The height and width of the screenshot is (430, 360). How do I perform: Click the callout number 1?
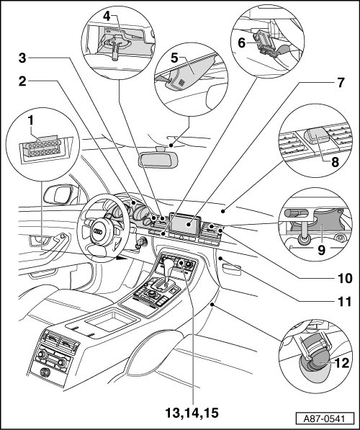point(30,121)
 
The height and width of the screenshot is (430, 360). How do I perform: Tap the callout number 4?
point(107,17)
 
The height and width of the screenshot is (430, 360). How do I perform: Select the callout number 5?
point(175,58)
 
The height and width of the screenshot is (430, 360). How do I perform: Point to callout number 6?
point(241,43)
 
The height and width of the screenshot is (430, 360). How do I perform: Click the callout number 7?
point(341,83)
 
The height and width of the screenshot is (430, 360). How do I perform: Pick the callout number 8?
point(335,162)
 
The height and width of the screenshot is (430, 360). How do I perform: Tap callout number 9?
point(321,250)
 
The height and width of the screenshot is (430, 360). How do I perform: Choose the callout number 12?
point(342,363)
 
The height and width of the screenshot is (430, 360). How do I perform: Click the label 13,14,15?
point(192,413)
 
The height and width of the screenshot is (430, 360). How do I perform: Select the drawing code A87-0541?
point(324,419)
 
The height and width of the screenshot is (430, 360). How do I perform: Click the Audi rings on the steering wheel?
point(98,232)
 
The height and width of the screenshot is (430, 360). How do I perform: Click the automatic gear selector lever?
point(169,272)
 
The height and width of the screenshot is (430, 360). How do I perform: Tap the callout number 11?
point(344,302)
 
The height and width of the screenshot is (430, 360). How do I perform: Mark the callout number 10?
point(345,279)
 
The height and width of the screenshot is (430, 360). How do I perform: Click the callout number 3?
point(22,58)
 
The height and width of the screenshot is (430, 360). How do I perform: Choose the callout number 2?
point(22,81)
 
